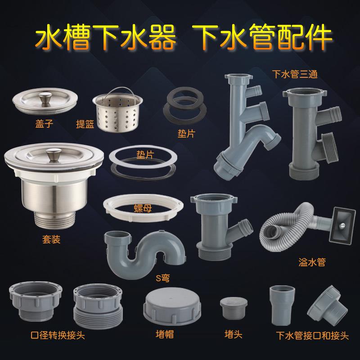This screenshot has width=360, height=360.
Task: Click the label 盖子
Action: click(44, 124)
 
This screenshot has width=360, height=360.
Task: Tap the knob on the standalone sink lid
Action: click(45, 98)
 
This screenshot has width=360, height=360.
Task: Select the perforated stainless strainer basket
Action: click(117, 110)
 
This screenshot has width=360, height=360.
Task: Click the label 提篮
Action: click(85, 124)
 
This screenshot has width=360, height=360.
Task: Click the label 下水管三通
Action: click(295, 74)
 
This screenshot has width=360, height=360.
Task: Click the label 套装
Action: click(51, 239)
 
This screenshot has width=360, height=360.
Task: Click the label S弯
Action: click(163, 278)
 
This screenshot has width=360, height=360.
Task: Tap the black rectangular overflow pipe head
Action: click(342, 226)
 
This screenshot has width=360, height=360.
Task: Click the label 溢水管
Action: click(312, 262)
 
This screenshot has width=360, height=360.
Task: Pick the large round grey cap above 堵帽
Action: click(172, 306)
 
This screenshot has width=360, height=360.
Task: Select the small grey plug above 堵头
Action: click(234, 308)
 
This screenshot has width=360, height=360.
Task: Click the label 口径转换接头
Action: click(58, 335)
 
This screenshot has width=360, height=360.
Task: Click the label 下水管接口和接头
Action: click(312, 336)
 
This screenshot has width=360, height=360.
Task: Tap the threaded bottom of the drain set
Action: click(54, 220)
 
